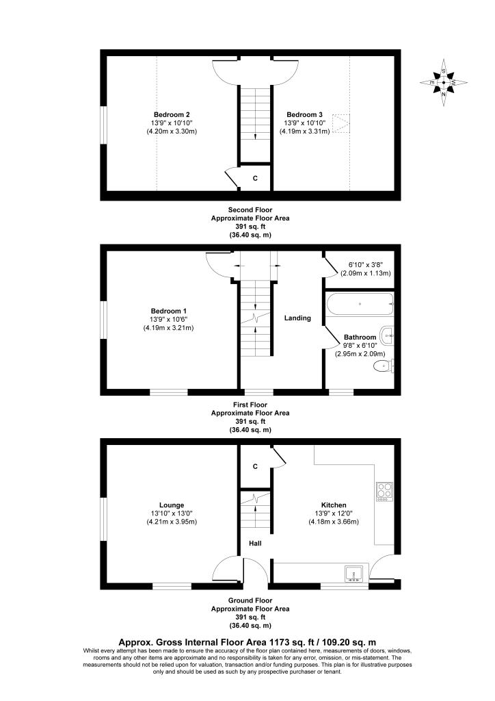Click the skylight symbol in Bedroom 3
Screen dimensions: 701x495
340,124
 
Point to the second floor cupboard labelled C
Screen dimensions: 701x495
255,178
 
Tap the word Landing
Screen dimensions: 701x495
298,318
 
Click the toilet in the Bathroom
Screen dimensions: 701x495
382,367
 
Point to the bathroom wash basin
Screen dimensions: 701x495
388,335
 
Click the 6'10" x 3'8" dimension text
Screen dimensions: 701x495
366,264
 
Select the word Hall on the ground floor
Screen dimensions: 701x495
254,544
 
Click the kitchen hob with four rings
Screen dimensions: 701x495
384,491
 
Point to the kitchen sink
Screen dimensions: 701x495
354,573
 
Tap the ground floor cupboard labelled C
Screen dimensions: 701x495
255,466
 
